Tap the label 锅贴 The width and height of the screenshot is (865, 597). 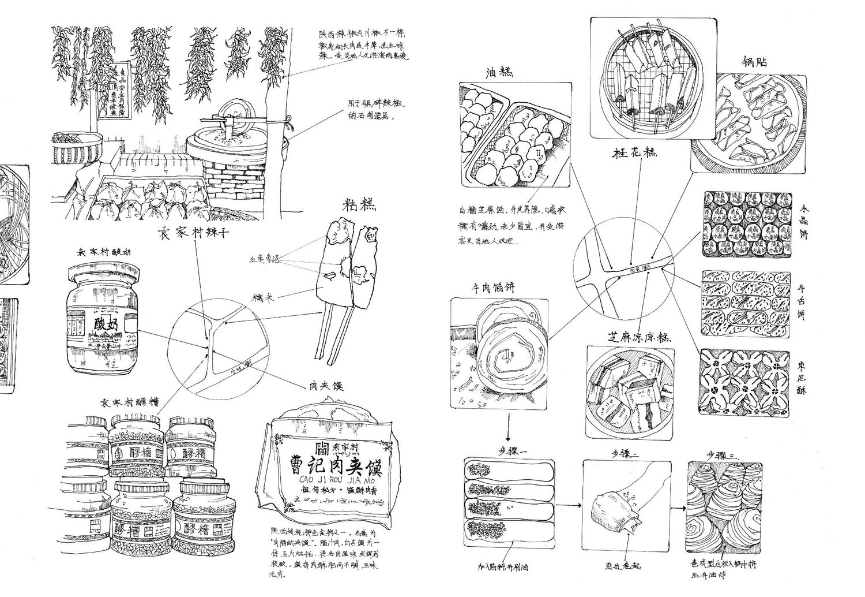754,62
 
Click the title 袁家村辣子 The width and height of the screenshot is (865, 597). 194,233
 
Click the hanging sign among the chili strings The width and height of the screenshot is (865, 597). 114,91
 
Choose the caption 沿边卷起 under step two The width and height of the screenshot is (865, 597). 623,567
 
